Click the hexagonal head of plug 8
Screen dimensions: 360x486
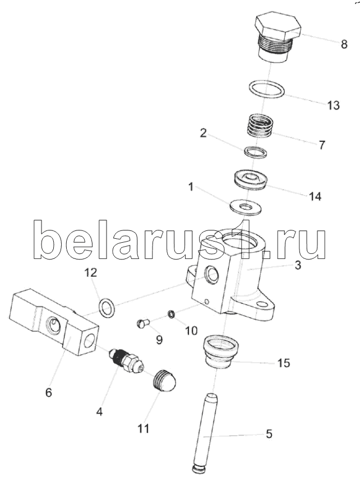click(x=278, y=26)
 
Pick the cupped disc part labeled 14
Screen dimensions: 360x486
click(x=250, y=180)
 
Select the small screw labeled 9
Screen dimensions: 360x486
click(x=142, y=323)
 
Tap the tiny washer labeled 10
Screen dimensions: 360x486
click(x=171, y=314)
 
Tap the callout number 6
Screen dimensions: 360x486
click(x=49, y=393)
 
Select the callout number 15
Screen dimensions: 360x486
click(x=284, y=362)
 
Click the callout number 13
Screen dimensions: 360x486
click(x=334, y=105)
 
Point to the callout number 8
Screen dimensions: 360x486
click(x=344, y=44)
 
